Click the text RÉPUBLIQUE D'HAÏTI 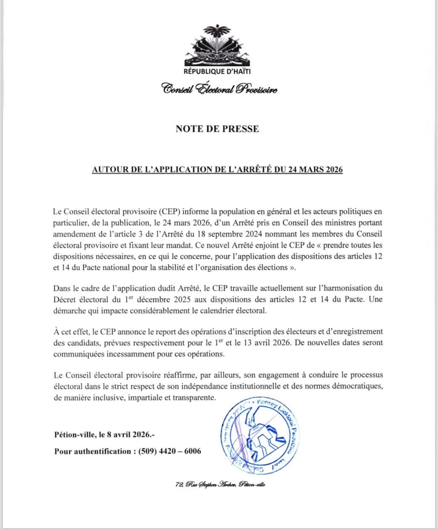[217, 72]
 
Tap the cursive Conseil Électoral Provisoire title [219, 88]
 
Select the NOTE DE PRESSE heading [217, 129]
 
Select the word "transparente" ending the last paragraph [194, 398]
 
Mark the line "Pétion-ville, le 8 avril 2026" [105, 435]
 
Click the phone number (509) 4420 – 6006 [170, 451]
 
